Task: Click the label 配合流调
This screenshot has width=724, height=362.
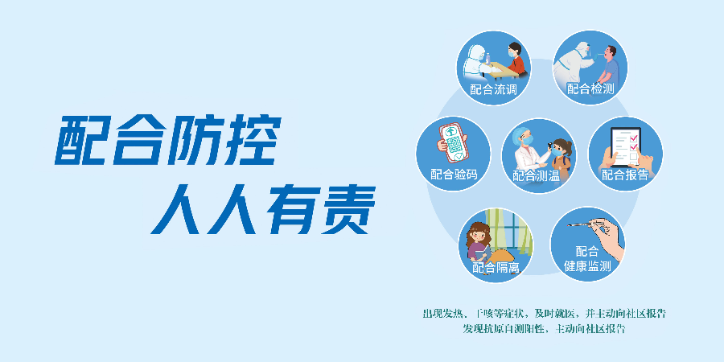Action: coord(493,89)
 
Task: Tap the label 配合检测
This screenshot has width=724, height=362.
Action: coord(590,89)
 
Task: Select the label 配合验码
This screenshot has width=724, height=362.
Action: coord(454,174)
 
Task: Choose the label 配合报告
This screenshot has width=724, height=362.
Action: coord(625,175)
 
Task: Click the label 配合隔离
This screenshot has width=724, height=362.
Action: coord(496,267)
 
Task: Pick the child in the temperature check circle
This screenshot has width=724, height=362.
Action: coord(562,154)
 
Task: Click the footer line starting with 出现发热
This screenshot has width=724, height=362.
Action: coord(544,313)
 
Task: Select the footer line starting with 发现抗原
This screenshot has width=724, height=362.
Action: coord(544,329)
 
